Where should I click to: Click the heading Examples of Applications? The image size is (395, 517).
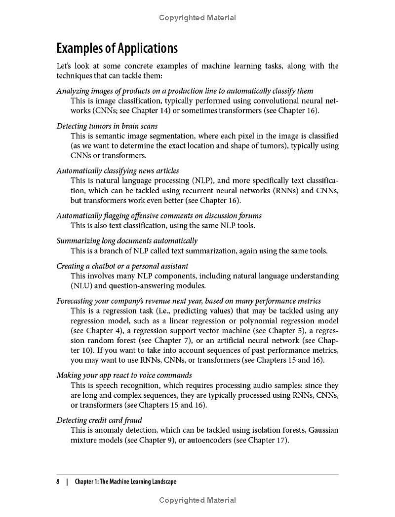click(x=117, y=48)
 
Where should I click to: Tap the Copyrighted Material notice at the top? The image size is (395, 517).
click(x=197, y=18)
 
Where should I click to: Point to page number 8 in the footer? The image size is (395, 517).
click(x=58, y=482)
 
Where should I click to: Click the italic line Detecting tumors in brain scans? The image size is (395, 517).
click(x=107, y=126)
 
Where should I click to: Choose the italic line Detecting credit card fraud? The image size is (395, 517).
click(x=99, y=420)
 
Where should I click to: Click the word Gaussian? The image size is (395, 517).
click(x=323, y=430)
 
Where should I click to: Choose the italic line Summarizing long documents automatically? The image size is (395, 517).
click(x=127, y=241)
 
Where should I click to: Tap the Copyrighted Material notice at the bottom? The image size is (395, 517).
click(x=197, y=500)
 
